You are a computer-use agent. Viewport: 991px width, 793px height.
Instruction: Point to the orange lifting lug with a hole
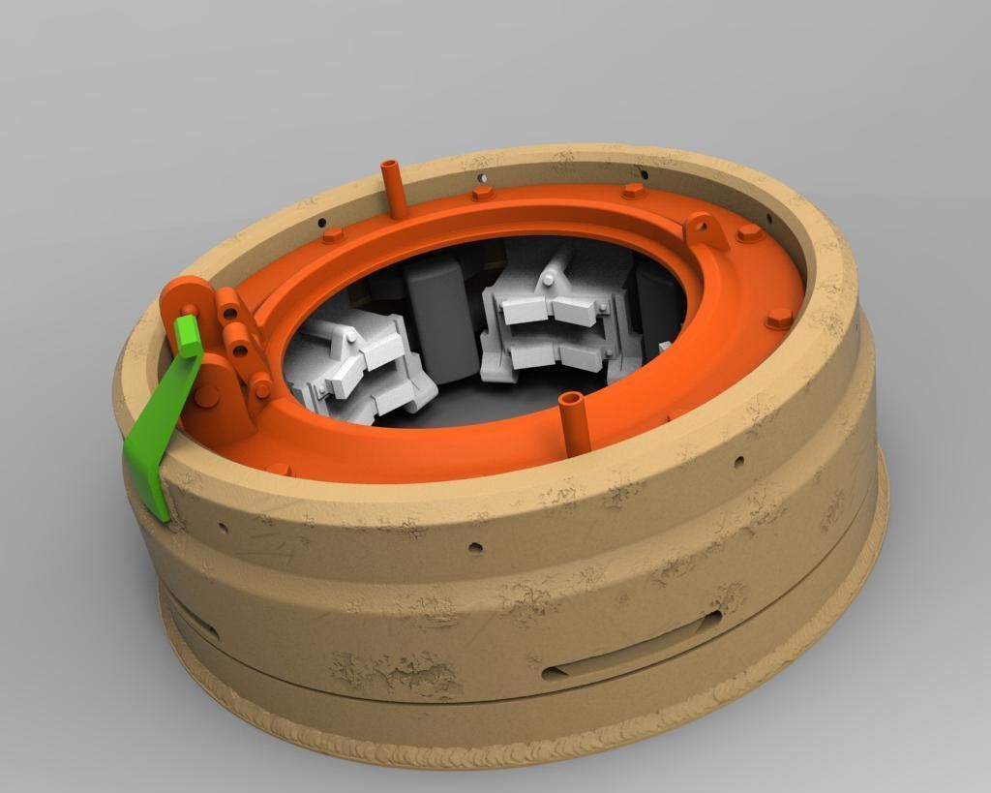(706, 230)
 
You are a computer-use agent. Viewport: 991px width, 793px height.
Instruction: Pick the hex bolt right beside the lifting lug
(750, 233)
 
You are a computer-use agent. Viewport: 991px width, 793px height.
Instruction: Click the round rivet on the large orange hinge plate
(205, 395)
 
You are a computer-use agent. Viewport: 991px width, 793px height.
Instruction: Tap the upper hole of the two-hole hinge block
(229, 313)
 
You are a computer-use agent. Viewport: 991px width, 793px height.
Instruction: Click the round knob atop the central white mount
(549, 280)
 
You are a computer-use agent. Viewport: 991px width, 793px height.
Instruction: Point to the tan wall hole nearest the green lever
(223, 528)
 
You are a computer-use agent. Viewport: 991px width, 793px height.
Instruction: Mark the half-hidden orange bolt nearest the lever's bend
(279, 470)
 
